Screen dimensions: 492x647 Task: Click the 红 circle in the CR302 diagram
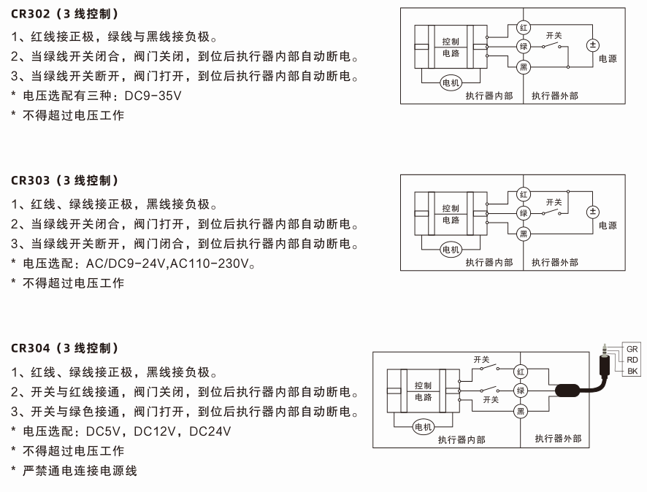point(524,27)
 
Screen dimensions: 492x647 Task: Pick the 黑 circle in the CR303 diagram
point(524,234)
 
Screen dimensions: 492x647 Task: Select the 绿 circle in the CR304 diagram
point(521,391)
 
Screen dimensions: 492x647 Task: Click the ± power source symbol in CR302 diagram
point(592,45)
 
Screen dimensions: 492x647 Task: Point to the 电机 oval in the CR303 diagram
point(451,250)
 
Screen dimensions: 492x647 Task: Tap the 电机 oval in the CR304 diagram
point(424,426)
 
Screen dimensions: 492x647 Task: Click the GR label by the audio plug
point(632,349)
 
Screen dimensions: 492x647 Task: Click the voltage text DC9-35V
point(154,96)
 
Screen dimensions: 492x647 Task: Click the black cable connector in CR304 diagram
point(572,391)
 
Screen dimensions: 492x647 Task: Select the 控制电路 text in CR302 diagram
point(451,47)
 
